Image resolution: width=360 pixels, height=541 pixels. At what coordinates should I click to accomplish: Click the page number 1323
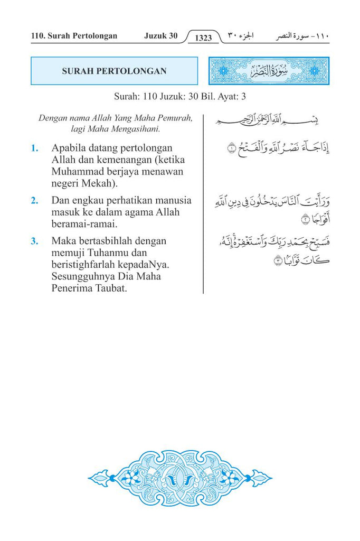pyautogui.click(x=203, y=38)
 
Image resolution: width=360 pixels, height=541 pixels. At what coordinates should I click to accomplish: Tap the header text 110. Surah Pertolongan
pyautogui.click(x=74, y=36)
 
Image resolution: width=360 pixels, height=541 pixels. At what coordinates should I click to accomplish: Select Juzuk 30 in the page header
pyautogui.click(x=160, y=36)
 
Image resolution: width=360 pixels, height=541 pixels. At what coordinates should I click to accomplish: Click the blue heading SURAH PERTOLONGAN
pyautogui.click(x=114, y=71)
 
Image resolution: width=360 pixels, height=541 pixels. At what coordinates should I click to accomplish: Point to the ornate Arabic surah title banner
pyautogui.click(x=269, y=71)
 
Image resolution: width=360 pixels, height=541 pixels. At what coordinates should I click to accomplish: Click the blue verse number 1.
pyautogui.click(x=34, y=148)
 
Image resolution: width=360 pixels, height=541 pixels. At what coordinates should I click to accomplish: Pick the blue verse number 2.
pyautogui.click(x=34, y=201)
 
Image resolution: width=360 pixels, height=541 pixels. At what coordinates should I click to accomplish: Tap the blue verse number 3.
pyautogui.click(x=34, y=241)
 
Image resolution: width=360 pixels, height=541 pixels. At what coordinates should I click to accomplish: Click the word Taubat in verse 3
pyautogui.click(x=111, y=288)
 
